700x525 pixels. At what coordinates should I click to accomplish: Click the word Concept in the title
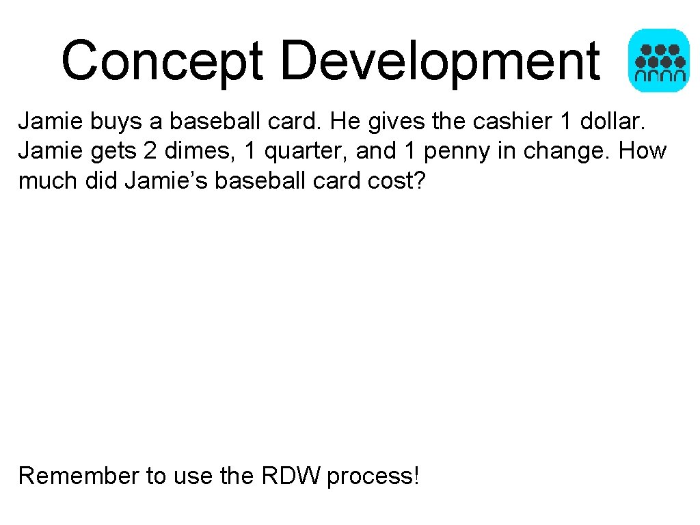[x=163, y=60]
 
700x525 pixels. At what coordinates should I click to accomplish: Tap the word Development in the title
[x=440, y=60]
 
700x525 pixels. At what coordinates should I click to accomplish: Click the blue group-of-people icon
[x=658, y=60]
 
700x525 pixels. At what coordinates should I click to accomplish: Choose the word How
[x=643, y=151]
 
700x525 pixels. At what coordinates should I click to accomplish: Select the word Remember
[x=79, y=475]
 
